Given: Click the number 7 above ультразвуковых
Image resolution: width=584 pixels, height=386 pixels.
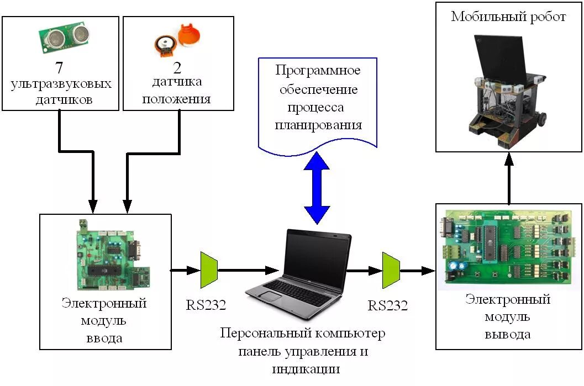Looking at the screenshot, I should (x=59, y=68).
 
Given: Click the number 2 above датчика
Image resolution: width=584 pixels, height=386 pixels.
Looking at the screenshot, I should (x=177, y=68).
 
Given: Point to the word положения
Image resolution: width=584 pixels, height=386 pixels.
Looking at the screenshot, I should (x=177, y=100).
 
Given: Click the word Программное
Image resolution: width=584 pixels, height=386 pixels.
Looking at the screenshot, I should (x=318, y=71).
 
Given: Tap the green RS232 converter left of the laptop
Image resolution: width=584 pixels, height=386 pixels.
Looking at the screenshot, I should (x=209, y=270).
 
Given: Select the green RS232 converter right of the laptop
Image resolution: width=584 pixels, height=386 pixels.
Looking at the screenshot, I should (x=391, y=270).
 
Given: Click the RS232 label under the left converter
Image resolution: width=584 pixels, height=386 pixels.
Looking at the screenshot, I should (x=206, y=305).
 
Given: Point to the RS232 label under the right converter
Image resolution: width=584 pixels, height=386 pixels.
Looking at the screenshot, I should (x=388, y=305).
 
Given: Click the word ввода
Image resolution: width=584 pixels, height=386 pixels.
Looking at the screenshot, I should (x=104, y=338).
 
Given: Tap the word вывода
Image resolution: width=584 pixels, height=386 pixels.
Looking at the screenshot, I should (x=508, y=334).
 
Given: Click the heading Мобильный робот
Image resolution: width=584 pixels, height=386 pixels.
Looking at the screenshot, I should (x=508, y=17).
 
